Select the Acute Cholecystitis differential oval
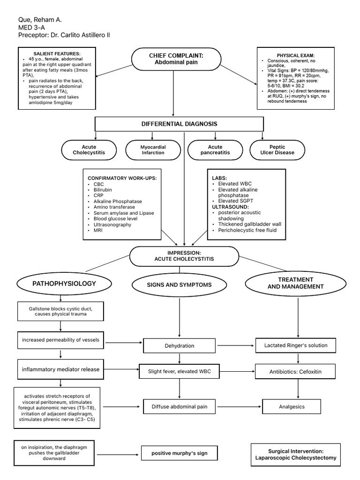click(x=89, y=150)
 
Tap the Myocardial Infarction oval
click(x=153, y=150)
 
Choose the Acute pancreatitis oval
click(x=216, y=150)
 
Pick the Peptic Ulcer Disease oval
click(x=278, y=150)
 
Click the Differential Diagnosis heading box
click(x=179, y=124)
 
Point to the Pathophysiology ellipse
click(x=64, y=284)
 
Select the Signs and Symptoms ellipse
click(x=179, y=285)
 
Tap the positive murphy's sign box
click(x=179, y=453)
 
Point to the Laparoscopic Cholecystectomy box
click(x=295, y=454)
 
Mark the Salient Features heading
click(x=57, y=54)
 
